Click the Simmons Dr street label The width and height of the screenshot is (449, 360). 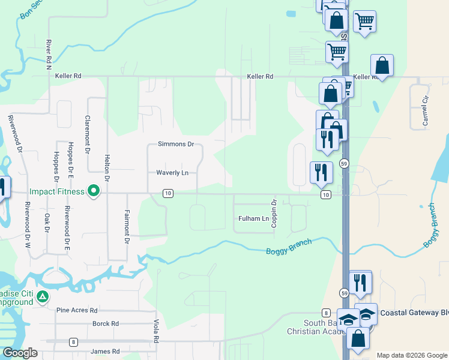[176, 144]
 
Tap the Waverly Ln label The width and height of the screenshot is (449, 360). [172, 173]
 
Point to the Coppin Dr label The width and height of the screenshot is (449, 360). [273, 213]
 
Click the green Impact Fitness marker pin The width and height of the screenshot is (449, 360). [93, 191]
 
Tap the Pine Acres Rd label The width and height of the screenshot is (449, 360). [76, 310]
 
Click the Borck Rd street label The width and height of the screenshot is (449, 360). [106, 323]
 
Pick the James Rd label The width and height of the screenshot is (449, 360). [104, 351]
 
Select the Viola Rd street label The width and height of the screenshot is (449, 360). [155, 331]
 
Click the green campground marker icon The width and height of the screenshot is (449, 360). [43, 296]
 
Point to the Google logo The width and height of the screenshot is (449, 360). [19, 353]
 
